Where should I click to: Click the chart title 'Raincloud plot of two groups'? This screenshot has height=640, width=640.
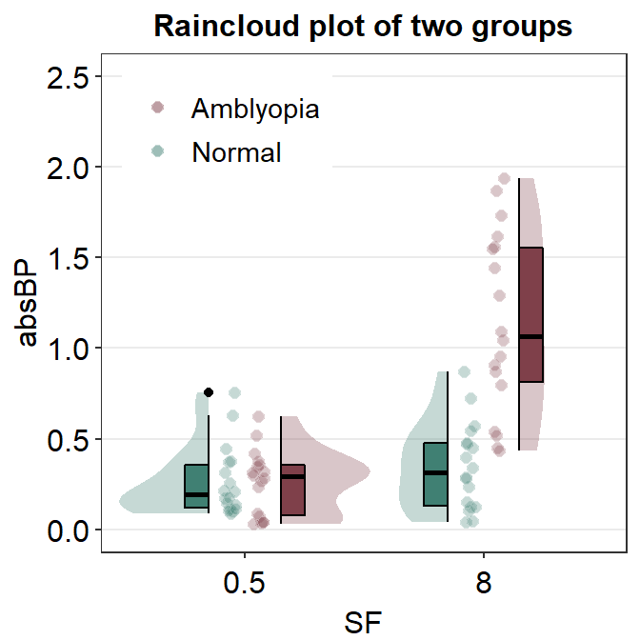(x=363, y=27)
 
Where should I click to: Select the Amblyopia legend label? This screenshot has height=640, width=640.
(x=254, y=109)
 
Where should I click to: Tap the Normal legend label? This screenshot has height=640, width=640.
(x=236, y=152)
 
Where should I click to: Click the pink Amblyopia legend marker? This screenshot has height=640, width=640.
(x=159, y=108)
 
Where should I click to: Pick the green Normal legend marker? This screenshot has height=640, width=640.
(x=159, y=151)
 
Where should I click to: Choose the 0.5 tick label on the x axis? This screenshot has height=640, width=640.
(x=245, y=584)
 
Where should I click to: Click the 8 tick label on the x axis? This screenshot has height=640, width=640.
(x=484, y=584)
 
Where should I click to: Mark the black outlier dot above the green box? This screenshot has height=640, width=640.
(x=209, y=392)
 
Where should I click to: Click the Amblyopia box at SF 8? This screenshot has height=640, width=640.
(x=530, y=314)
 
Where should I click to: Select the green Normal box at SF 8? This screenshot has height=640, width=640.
(x=435, y=474)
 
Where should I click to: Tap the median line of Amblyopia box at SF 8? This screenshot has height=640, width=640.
(x=530, y=337)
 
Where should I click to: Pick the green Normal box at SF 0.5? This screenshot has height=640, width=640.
(x=196, y=486)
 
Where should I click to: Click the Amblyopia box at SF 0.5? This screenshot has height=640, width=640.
(x=292, y=490)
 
